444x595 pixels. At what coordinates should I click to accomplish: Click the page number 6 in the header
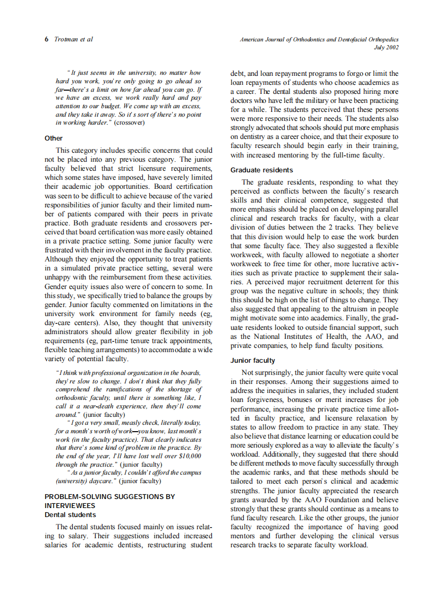(x=47, y=40)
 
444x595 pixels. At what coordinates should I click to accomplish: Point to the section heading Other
(x=54, y=138)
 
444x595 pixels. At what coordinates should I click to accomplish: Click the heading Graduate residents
(x=261, y=170)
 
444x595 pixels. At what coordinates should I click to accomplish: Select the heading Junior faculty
(x=253, y=361)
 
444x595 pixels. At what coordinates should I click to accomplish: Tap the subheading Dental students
(x=70, y=514)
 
